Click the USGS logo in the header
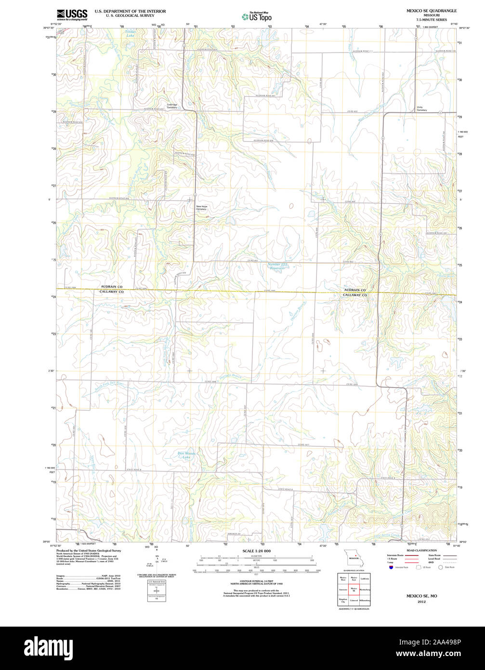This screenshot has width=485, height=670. pos(72,14)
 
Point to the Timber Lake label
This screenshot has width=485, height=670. pos(131,33)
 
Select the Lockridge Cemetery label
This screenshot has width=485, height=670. pos(172,106)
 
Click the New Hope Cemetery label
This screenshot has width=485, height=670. pos(201,208)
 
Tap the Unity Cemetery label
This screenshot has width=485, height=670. pos(422,108)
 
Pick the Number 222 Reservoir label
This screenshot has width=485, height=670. pos(277,266)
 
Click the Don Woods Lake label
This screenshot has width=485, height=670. pos(187,455)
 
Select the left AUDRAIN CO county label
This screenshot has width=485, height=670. pos(112,286)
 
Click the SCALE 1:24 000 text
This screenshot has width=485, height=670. pos(256,551)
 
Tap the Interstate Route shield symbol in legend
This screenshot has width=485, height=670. pos(390,567)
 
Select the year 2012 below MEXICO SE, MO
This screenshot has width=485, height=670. pos(421,602)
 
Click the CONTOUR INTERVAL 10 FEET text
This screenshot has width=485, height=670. pos(256,581)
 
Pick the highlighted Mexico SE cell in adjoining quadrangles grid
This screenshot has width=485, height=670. pos(354,589)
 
